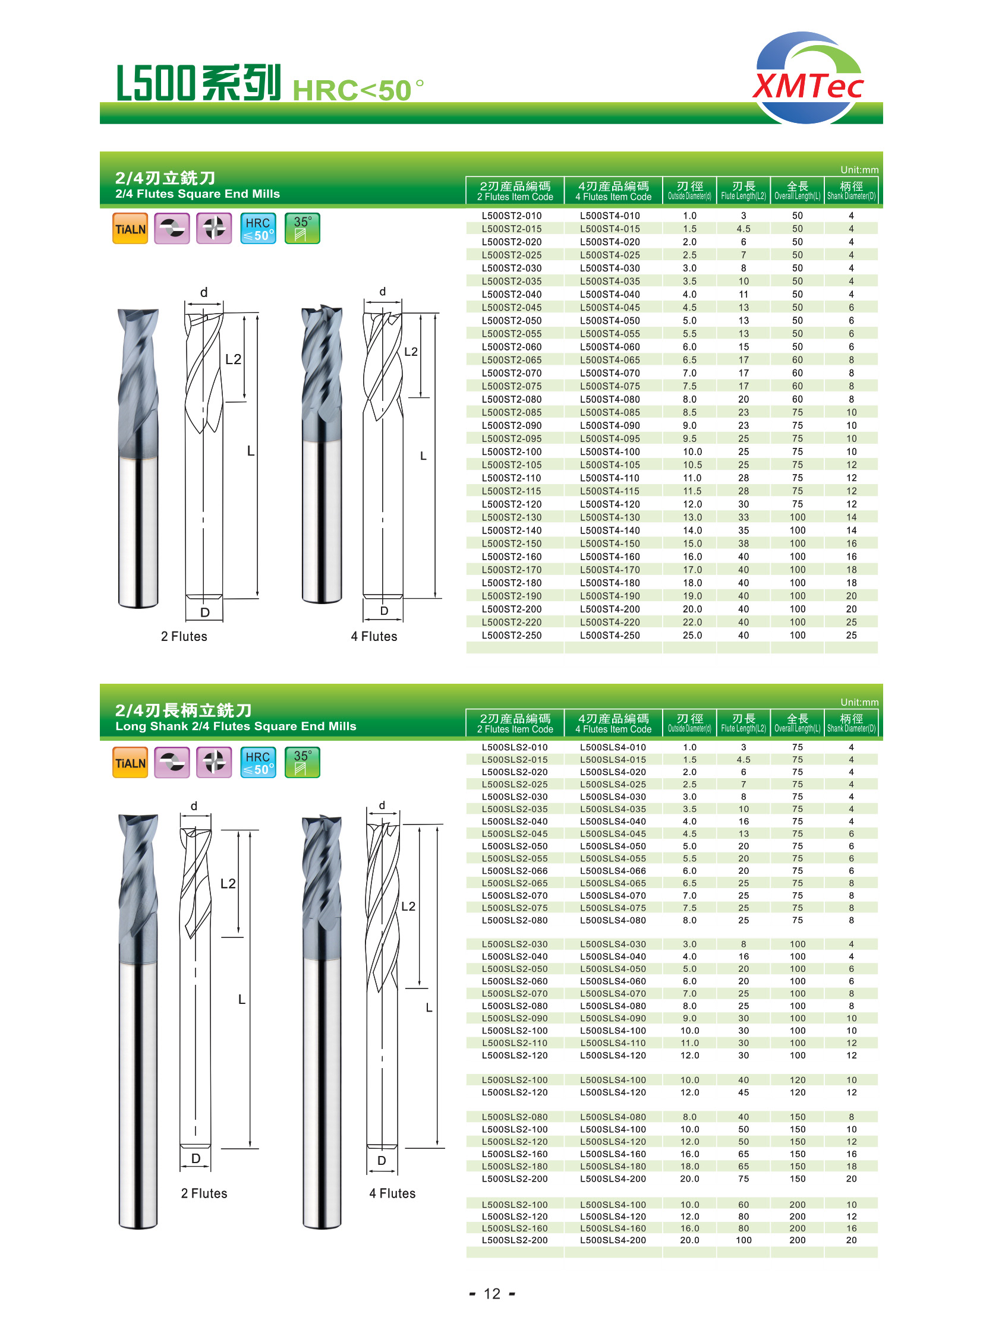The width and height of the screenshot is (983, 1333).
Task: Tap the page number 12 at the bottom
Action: click(491, 1294)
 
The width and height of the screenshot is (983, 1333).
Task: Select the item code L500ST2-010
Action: click(512, 216)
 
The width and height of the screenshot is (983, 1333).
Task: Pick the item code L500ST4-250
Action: click(610, 635)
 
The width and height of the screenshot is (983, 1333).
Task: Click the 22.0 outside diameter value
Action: click(689, 622)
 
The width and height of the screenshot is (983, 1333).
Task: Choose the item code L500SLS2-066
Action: click(515, 871)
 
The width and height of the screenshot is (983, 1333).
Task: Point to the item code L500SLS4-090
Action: click(613, 1018)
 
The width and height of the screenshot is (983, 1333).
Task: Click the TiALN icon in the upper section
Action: click(130, 229)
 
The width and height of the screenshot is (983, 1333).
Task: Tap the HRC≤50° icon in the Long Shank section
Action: click(259, 763)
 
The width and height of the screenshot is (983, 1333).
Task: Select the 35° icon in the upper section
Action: click(303, 229)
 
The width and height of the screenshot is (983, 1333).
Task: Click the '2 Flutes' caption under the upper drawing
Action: click(184, 636)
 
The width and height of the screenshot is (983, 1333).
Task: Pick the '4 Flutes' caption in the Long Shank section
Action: click(392, 1193)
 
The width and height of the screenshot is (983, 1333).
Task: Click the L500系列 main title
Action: click(198, 83)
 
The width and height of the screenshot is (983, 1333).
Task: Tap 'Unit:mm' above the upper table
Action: click(859, 170)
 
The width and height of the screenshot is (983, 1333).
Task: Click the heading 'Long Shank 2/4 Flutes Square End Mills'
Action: click(235, 726)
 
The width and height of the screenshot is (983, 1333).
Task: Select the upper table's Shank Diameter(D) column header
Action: click(851, 190)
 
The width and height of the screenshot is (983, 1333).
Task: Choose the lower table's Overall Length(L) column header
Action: click(798, 723)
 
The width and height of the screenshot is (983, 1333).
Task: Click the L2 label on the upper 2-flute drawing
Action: click(233, 359)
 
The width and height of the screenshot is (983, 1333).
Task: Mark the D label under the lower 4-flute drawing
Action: click(382, 1161)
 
